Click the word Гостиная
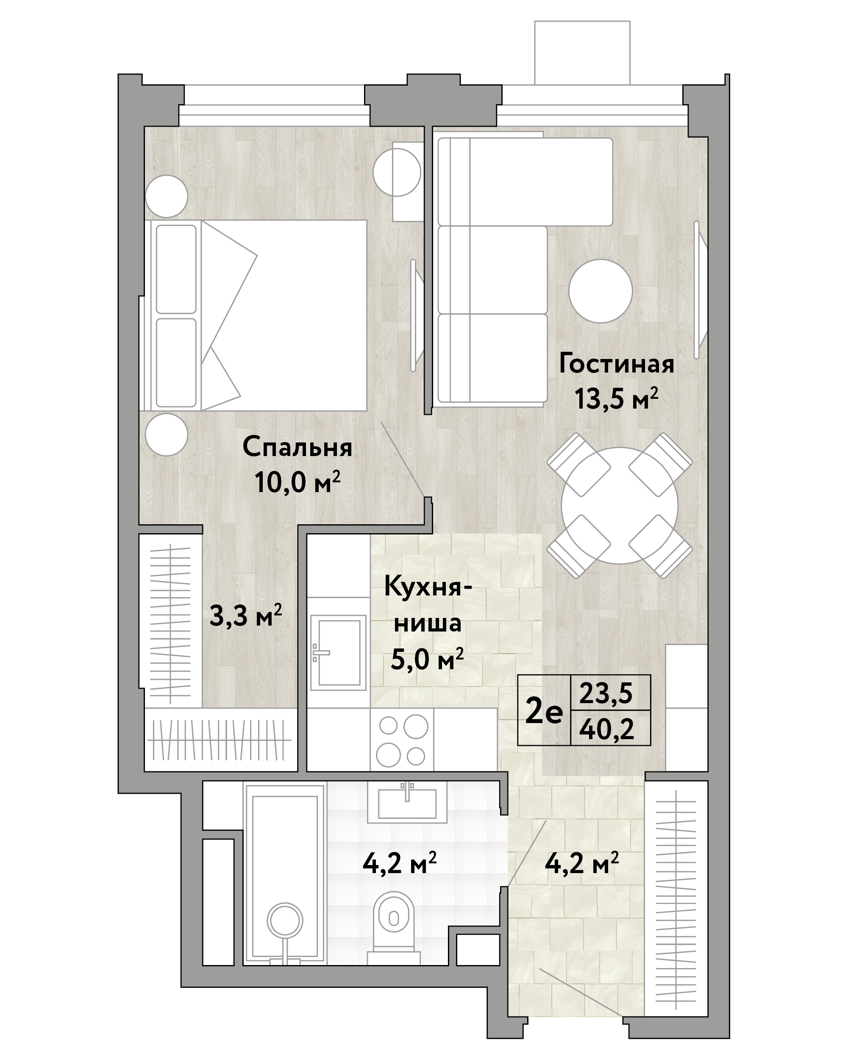(x=616, y=365)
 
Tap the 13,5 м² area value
(x=616, y=399)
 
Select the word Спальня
(x=297, y=448)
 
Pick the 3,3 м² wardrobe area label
(x=245, y=615)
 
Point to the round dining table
(x=620, y=505)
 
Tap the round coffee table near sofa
(x=600, y=291)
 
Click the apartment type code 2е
(x=544, y=712)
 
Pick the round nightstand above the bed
(x=167, y=196)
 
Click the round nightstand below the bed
(x=167, y=434)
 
